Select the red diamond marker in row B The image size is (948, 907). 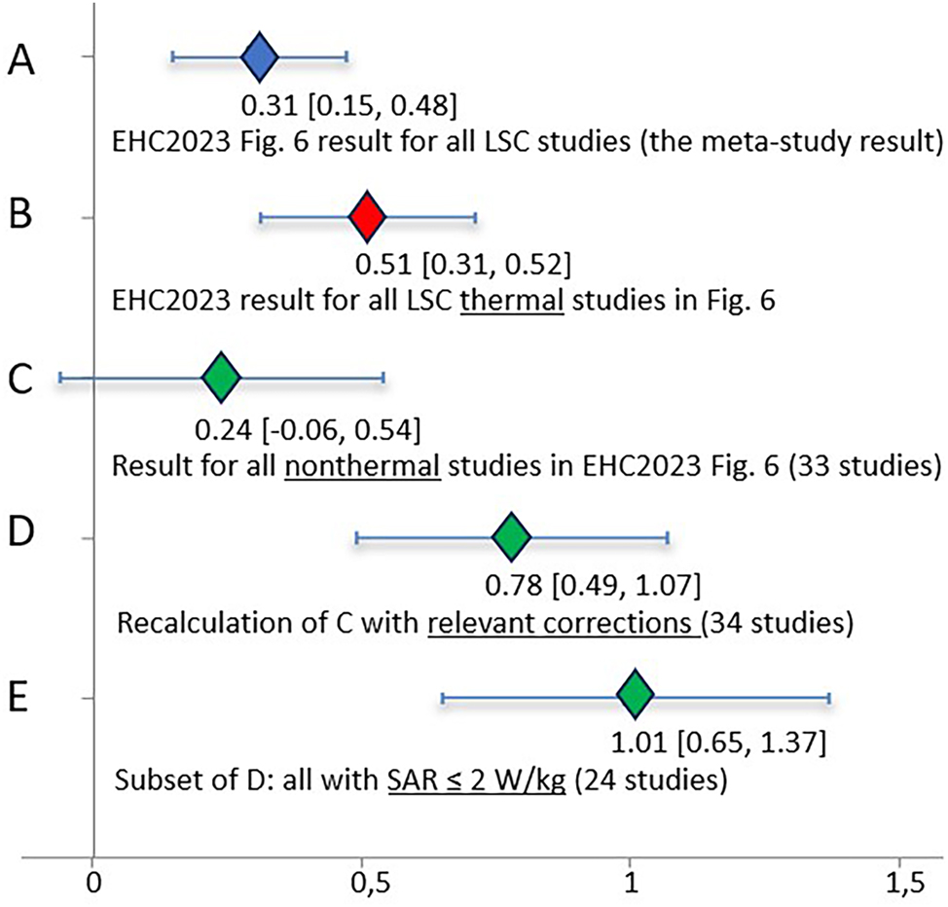tap(366, 218)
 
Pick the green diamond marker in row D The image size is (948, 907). tap(511, 536)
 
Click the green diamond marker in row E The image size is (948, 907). tap(635, 697)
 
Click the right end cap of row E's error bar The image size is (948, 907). tap(828, 697)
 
